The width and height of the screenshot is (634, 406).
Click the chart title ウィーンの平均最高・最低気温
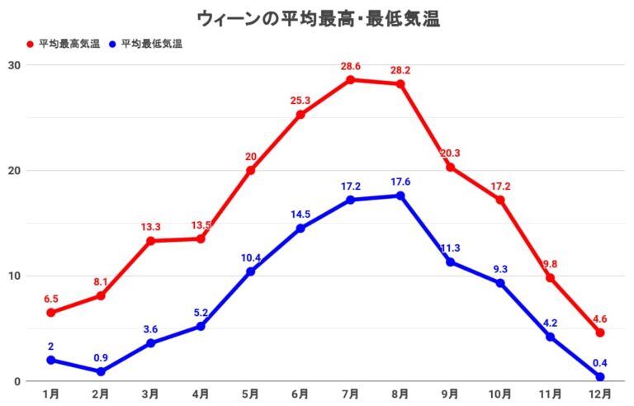318,18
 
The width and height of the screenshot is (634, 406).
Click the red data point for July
350,80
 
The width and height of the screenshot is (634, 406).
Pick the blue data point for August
400,196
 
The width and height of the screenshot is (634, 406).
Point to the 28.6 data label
350,65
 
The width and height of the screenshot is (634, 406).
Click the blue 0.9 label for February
101,357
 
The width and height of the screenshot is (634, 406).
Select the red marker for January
51,313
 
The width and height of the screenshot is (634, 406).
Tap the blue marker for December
600,377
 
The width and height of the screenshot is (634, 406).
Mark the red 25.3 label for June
300,101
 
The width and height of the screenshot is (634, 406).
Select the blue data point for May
250,271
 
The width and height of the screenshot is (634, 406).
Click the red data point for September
450,168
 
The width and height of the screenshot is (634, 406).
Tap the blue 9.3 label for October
500,269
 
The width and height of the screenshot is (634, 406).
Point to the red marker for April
201,238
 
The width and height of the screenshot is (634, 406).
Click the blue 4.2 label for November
550,323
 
